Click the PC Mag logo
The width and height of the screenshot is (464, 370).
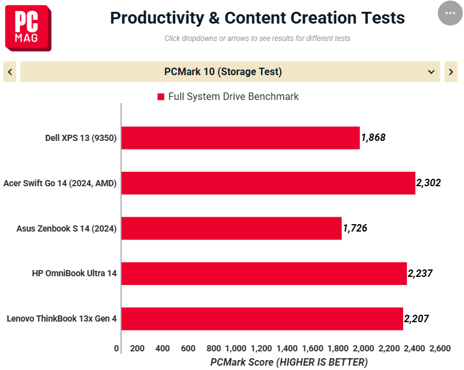(28, 28)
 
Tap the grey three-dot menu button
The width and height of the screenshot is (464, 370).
(450, 13)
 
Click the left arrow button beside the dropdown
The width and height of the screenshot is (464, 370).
(10, 71)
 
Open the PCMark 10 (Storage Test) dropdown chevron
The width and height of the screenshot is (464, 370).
(431, 71)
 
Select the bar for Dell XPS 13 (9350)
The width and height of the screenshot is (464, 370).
(240, 138)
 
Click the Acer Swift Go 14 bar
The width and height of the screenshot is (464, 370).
(268, 183)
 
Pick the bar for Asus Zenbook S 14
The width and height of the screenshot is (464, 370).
(232, 228)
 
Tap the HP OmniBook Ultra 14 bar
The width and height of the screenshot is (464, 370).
(264, 274)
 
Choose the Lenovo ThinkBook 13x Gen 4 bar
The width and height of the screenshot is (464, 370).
(262, 319)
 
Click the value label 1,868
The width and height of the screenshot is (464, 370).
(373, 138)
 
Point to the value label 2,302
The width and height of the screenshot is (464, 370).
(429, 183)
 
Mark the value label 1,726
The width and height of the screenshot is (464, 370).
(355, 228)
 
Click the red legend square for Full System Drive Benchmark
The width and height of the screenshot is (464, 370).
(161, 97)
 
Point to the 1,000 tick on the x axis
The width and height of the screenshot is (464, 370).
(236, 348)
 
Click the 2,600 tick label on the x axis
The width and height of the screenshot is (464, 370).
(440, 348)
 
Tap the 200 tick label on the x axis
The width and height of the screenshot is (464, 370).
(137, 348)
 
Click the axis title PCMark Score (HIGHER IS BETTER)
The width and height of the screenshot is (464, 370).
(289, 362)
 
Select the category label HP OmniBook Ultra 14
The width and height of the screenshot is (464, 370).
(75, 273)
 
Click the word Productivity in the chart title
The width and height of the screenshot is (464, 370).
(157, 18)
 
